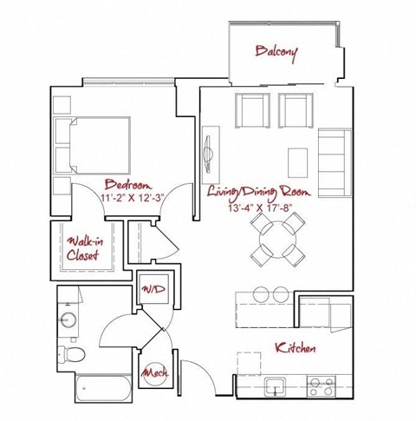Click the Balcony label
coord(276,53)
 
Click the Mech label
coord(156,373)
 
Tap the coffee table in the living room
coord(298,160)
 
